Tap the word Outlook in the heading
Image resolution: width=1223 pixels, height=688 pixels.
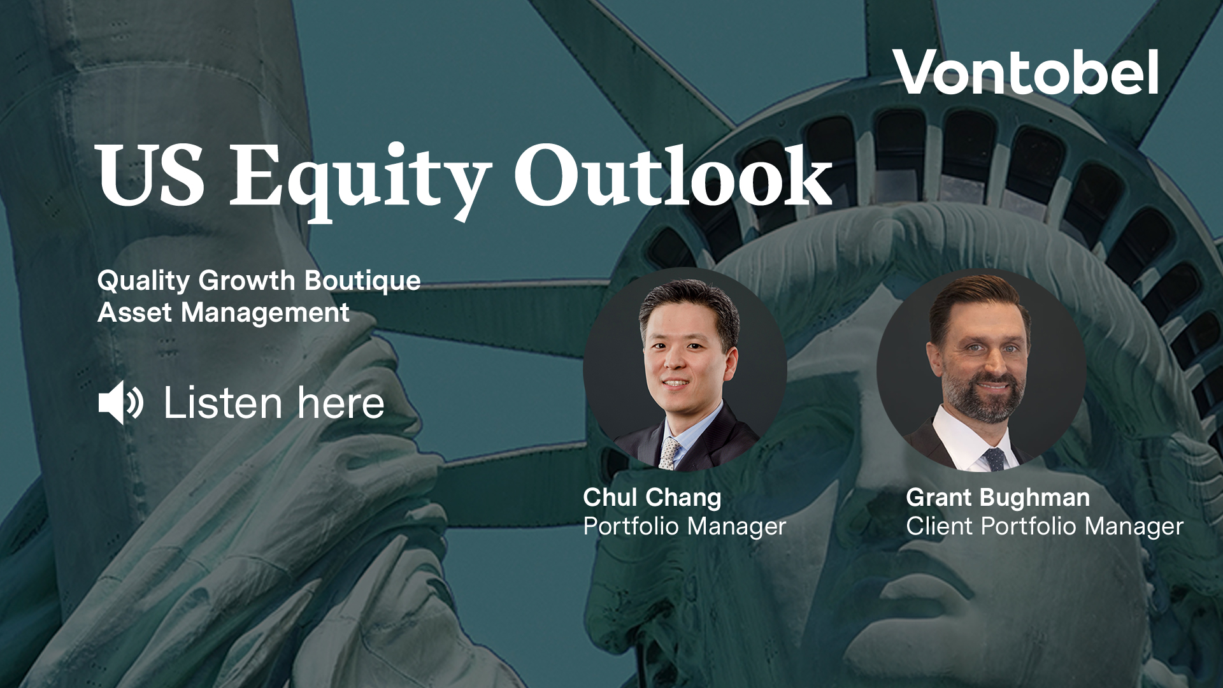click(673, 175)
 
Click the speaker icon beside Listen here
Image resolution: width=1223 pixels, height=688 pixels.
click(120, 403)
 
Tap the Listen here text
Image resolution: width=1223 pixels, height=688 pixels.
click(274, 403)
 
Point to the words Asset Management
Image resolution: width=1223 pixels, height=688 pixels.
click(223, 313)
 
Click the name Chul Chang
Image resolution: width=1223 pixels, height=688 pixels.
click(652, 498)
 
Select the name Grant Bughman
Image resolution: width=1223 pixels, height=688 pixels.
click(998, 498)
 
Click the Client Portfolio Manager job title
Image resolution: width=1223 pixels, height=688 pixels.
click(1044, 527)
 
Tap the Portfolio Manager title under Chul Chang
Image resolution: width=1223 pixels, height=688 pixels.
click(684, 527)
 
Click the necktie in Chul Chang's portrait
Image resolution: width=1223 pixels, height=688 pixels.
click(669, 453)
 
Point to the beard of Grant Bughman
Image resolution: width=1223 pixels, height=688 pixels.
click(984, 401)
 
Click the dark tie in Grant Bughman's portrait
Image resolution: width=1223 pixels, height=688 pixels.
click(994, 458)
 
